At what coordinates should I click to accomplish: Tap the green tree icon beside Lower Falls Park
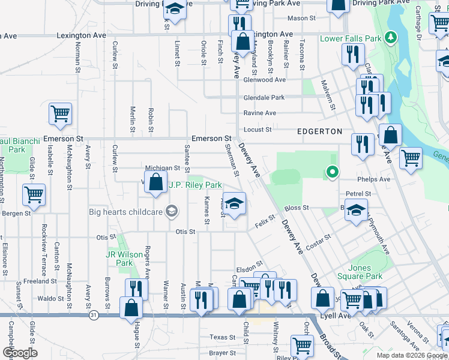(391, 38)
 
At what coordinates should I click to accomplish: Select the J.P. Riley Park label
(195, 185)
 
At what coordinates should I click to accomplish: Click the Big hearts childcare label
(125, 211)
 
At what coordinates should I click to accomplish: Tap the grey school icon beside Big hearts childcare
(172, 211)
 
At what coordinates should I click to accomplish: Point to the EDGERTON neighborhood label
(319, 131)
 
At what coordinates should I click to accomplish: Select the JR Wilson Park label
(119, 259)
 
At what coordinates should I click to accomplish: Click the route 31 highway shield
(93, 314)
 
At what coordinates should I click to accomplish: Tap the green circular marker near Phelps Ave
(331, 173)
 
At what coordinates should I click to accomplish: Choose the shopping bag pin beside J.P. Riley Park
(156, 182)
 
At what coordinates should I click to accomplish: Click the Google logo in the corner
(19, 353)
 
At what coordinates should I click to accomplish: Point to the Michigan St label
(162, 169)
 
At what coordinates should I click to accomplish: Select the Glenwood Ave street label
(264, 80)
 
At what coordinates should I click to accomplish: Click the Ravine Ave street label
(259, 113)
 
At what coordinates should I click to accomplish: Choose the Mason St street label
(301, 19)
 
